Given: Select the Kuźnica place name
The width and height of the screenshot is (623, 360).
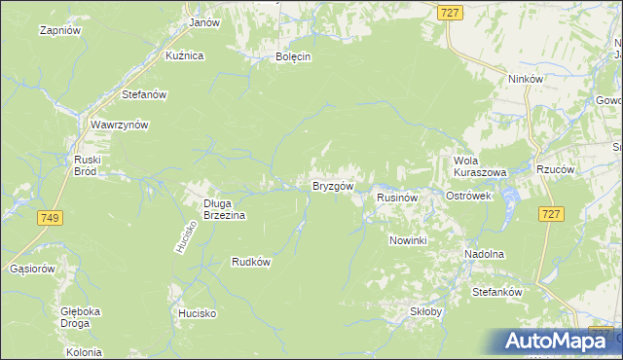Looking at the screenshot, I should pyautogui.click(x=184, y=55).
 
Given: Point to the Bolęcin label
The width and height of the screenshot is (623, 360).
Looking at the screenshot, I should pyautogui.click(x=293, y=56).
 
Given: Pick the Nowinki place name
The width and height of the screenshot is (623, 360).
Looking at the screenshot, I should pyautogui.click(x=408, y=240).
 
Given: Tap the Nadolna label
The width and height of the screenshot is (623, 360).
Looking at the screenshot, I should pyautogui.click(x=484, y=254).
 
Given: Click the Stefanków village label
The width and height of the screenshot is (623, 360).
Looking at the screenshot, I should pyautogui.click(x=497, y=292).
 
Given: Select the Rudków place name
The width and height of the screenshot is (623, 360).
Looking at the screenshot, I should pyautogui.click(x=250, y=261).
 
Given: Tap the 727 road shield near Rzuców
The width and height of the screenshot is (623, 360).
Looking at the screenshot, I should pyautogui.click(x=552, y=214).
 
